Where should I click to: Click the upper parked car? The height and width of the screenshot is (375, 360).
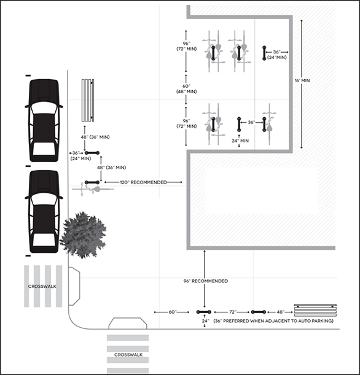click(44, 117)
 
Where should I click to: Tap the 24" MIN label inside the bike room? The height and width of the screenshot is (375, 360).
click(240, 141)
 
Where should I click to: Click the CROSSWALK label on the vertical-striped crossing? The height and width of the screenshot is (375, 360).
click(43, 287)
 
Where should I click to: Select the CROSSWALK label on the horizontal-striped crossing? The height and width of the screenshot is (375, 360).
click(128, 354)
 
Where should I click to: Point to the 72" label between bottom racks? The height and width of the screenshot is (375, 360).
click(233, 312)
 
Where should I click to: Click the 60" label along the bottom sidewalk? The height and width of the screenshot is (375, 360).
click(174, 312)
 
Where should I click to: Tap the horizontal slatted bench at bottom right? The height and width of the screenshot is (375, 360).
click(315, 308)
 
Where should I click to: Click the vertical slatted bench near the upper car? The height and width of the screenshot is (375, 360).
click(88, 98)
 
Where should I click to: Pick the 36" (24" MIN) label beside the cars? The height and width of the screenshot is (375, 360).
click(77, 156)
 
